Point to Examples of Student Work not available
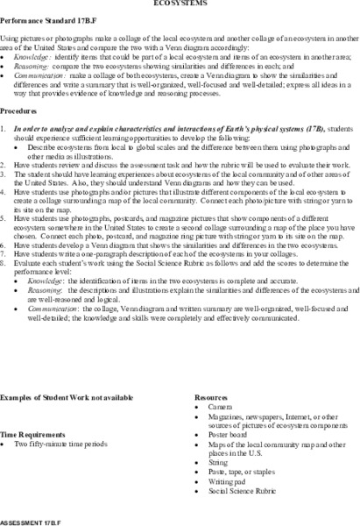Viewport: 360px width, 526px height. click(x=67, y=397)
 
